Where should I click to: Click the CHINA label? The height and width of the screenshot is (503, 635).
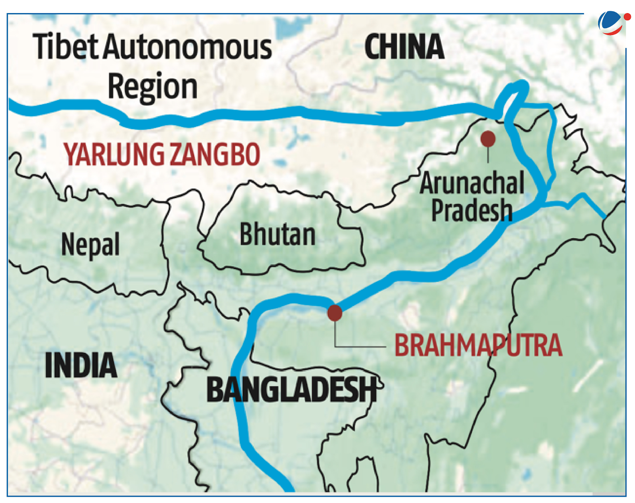pyautogui.click(x=404, y=47)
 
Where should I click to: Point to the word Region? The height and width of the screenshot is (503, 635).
pyautogui.click(x=152, y=87)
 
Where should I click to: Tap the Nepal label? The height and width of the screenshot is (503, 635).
pyautogui.click(x=90, y=244)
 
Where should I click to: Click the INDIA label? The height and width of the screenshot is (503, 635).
pyautogui.click(x=81, y=365)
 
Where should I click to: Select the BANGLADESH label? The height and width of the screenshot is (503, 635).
pyautogui.click(x=292, y=389)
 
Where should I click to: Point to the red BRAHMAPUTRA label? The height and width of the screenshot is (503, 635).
pyautogui.click(x=478, y=345)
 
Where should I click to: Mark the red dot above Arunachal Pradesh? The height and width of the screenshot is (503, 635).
pyautogui.click(x=488, y=139)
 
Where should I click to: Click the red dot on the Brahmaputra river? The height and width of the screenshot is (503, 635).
pyautogui.click(x=335, y=313)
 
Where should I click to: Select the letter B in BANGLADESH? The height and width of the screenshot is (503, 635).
pyautogui.click(x=217, y=389)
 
